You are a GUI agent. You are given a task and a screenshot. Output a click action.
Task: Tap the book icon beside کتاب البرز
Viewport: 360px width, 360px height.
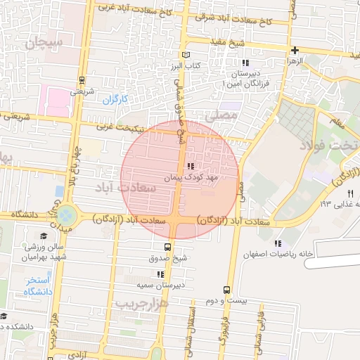[x=186, y=55]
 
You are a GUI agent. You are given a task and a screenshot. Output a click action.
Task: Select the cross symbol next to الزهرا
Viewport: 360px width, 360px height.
[x=295, y=50]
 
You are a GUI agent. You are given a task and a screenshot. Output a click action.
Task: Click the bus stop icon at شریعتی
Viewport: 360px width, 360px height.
[x=82, y=80]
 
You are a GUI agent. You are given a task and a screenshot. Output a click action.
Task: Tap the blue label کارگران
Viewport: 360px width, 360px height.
[x=114, y=100]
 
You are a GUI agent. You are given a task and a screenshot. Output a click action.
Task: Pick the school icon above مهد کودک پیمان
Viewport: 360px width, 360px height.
[x=190, y=167]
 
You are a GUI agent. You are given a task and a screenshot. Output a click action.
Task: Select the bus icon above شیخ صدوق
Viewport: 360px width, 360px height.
[x=167, y=247]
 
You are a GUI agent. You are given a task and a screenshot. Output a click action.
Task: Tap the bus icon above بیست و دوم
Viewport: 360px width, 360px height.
[x=226, y=290]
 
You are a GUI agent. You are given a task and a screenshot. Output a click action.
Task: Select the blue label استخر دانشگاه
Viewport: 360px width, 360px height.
[x=29, y=287]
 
